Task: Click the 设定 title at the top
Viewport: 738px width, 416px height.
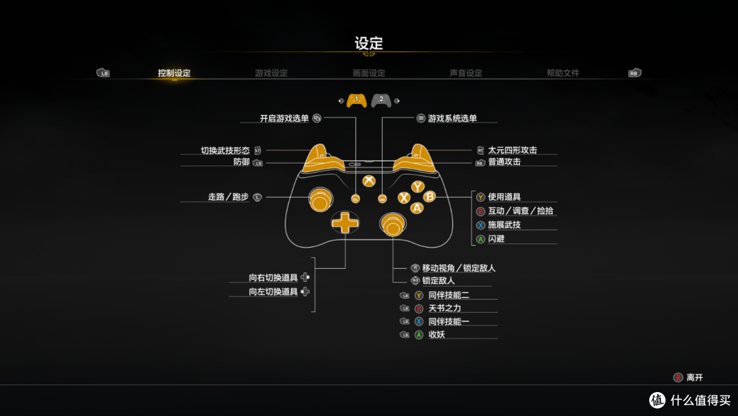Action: pos(368,43)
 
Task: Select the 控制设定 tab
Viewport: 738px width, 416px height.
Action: pos(174,73)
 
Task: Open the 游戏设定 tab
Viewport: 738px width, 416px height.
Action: pos(271,73)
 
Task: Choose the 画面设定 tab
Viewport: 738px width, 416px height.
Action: pos(369,73)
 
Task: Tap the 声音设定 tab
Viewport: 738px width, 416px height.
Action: pos(466,73)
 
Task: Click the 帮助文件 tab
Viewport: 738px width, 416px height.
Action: pos(563,73)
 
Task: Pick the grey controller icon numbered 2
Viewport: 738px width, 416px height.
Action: pos(381,101)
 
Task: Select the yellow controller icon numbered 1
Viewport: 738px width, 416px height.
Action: pos(356,101)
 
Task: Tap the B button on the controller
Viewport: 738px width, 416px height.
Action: pos(430,197)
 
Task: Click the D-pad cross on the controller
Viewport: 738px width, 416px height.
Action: pos(345,222)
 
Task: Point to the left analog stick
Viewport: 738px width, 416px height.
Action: pos(319,199)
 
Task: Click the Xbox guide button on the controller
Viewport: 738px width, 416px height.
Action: pos(369,181)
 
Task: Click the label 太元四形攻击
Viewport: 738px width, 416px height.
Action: pos(512,150)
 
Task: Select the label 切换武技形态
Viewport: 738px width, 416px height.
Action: pos(225,150)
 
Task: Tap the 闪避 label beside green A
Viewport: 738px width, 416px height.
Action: pos(497,239)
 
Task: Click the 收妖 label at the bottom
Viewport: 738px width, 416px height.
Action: pos(437,335)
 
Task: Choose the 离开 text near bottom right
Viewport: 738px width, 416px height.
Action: pos(694,378)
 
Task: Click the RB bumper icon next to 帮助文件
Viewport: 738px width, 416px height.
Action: pos(635,73)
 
